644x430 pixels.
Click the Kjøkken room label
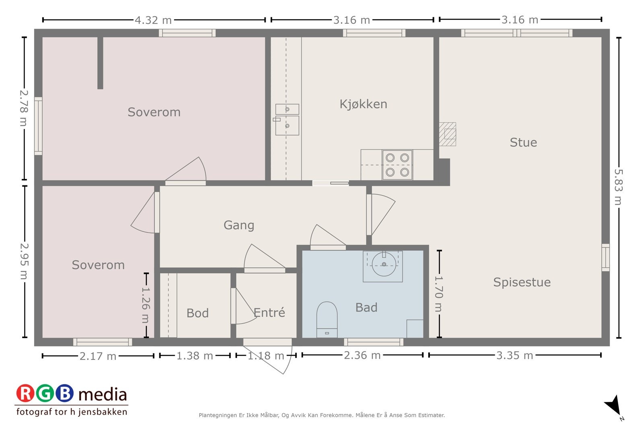pyautogui.click(x=363, y=104)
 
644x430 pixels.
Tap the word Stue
pyautogui.click(x=523, y=143)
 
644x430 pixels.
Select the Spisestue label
pyautogui.click(x=522, y=283)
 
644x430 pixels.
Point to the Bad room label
pyautogui.click(x=366, y=307)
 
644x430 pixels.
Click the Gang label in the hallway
pyautogui.click(x=239, y=225)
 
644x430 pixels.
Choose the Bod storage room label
pyautogui.click(x=198, y=313)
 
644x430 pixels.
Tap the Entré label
pyautogui.click(x=269, y=312)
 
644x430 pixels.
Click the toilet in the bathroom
pyautogui.click(x=327, y=320)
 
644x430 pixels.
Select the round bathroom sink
pyautogui.click(x=384, y=264)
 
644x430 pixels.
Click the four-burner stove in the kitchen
pyautogui.click(x=397, y=165)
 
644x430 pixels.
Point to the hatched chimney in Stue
pyautogui.click(x=447, y=134)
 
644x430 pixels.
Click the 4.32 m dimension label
pyautogui.click(x=153, y=20)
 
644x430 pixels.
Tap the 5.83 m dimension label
pyautogui.click(x=618, y=187)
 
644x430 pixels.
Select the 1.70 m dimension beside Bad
pyautogui.click(x=439, y=294)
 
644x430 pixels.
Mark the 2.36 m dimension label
pyautogui.click(x=362, y=355)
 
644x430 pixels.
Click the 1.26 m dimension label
pyautogui.click(x=146, y=305)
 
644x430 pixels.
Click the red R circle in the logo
pyautogui.click(x=25, y=393)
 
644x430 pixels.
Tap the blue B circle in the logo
pyautogui.click(x=64, y=393)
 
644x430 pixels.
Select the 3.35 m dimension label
pyautogui.click(x=515, y=356)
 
